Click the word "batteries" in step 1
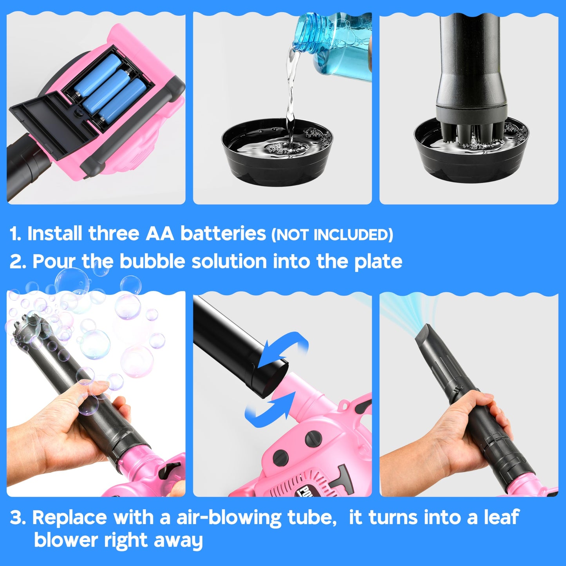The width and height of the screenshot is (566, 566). tap(223, 234)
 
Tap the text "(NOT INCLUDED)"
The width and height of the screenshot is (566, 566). tap(332, 235)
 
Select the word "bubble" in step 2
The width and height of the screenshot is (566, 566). tap(152, 261)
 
